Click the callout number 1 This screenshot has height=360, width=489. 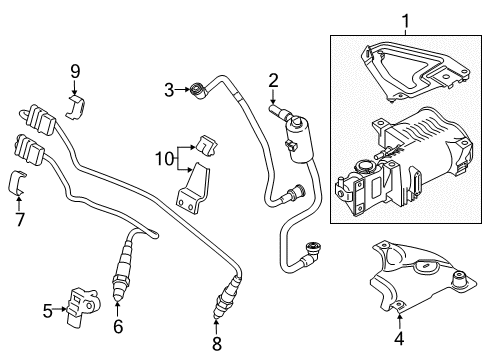(405, 21)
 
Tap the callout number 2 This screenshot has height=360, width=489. (273, 81)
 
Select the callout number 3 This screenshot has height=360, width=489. (169, 90)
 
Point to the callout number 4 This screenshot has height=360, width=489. (399, 338)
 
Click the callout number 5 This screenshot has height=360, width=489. (48, 311)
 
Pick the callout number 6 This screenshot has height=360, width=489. (118, 326)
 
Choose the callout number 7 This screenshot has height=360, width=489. (20, 219)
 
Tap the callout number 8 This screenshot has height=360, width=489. (217, 344)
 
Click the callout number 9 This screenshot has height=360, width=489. (75, 71)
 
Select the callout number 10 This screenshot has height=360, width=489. (165, 159)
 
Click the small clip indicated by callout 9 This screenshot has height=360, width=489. (76, 107)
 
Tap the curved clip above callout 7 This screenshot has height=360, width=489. (17, 183)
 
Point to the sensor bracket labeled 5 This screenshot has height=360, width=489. (82, 305)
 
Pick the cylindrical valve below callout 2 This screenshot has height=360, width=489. (298, 138)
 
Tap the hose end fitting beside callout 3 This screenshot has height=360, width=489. (198, 91)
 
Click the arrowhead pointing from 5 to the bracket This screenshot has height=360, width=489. (65, 309)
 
